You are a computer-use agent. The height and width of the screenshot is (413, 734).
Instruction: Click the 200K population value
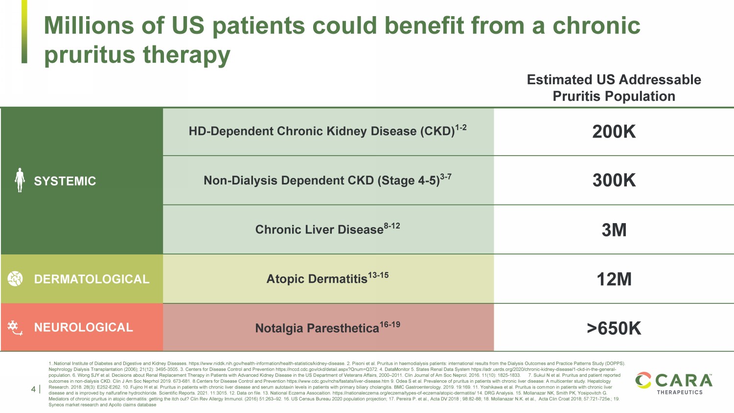click(x=614, y=132)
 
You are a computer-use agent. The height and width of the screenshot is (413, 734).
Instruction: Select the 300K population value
click(x=614, y=181)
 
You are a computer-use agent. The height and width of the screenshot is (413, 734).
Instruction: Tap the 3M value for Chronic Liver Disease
click(x=614, y=230)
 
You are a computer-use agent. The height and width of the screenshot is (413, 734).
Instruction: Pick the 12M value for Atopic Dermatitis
click(x=614, y=279)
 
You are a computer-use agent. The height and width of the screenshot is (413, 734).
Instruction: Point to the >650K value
click(x=614, y=328)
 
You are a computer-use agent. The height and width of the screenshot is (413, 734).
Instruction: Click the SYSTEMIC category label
click(x=65, y=181)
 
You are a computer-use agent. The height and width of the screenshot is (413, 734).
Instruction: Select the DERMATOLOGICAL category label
click(x=92, y=279)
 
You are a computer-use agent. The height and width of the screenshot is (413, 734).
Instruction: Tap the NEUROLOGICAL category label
click(x=83, y=327)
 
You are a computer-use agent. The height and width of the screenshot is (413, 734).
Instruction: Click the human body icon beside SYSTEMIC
click(x=20, y=180)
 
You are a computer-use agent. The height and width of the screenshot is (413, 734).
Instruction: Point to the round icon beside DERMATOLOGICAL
click(x=15, y=279)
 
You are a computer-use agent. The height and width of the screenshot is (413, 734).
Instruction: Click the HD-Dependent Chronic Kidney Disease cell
click(x=327, y=131)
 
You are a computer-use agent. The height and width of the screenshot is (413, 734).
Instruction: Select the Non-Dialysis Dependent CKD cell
click(x=327, y=180)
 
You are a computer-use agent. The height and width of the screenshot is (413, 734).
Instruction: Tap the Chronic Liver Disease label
click(x=327, y=229)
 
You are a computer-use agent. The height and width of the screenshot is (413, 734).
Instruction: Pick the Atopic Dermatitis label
click(x=327, y=278)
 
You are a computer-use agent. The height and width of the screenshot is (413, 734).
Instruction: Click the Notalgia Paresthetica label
click(x=327, y=327)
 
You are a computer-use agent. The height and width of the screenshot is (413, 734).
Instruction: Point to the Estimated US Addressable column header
click(x=614, y=88)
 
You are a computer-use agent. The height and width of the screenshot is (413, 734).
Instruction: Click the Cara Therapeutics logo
click(x=674, y=383)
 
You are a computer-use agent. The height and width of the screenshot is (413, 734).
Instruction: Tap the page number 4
click(x=33, y=390)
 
